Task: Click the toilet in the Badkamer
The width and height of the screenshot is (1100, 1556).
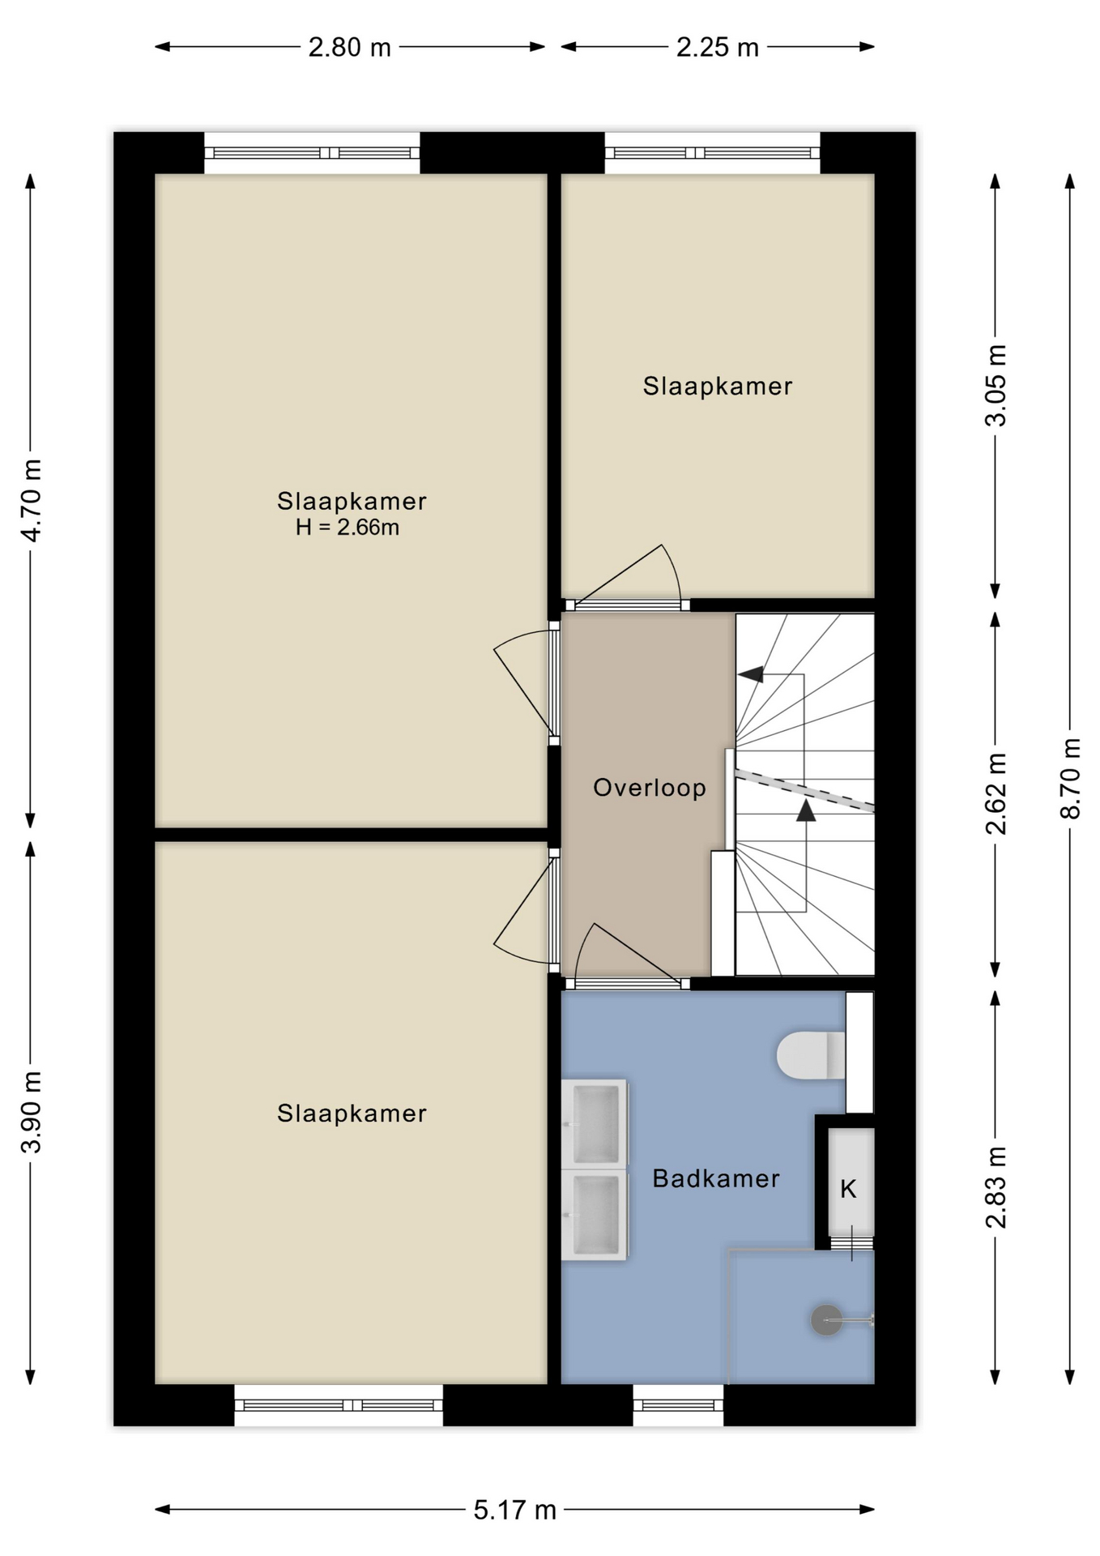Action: pyautogui.click(x=811, y=1055)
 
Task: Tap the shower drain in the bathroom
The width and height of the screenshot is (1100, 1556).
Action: pyautogui.click(x=826, y=1320)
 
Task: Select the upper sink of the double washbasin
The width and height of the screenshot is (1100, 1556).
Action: pyautogui.click(x=595, y=1122)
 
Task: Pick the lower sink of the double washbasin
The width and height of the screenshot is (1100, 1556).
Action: pyautogui.click(x=595, y=1214)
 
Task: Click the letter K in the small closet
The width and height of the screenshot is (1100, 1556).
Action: pyautogui.click(x=848, y=1189)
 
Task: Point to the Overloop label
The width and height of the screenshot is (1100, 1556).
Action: pyautogui.click(x=650, y=788)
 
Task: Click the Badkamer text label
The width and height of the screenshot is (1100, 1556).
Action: pyautogui.click(x=716, y=1178)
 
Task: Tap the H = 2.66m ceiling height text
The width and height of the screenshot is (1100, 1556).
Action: pyautogui.click(x=347, y=528)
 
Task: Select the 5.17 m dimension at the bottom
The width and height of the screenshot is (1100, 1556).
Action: pyautogui.click(x=515, y=1510)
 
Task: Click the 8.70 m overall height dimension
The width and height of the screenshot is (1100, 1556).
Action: pyautogui.click(x=1070, y=778)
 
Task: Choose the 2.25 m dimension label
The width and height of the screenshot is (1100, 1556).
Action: pyautogui.click(x=718, y=47)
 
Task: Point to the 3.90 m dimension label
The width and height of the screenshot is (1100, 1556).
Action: pyautogui.click(x=31, y=1111)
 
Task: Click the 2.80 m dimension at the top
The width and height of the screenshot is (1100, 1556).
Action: pyautogui.click(x=350, y=47)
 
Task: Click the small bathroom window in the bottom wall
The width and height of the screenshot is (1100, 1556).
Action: pyautogui.click(x=678, y=1405)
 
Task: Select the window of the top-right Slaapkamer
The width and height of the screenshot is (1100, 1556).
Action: pyautogui.click(x=712, y=152)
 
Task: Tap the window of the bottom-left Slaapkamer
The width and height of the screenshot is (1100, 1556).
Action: pyautogui.click(x=339, y=1405)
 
